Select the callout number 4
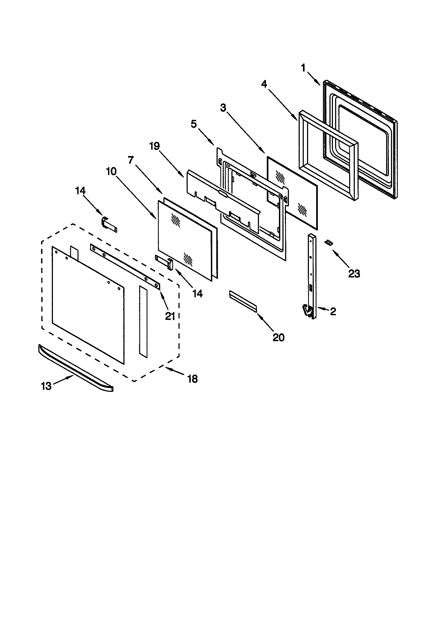(264, 84)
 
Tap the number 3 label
(223, 108)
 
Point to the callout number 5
(194, 124)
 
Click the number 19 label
(154, 146)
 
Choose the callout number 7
(131, 160)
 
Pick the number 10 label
(112, 171)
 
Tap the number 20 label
(278, 337)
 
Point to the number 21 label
(170, 316)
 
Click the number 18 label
(193, 379)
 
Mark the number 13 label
(46, 386)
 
